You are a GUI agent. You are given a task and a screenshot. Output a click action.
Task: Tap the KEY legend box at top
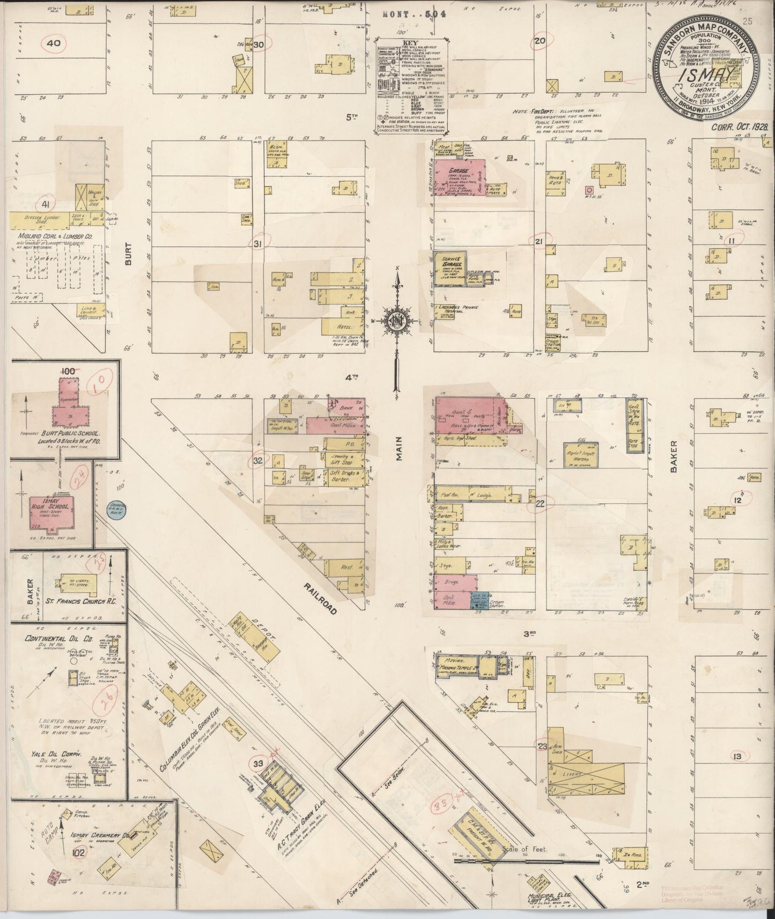point(411,85)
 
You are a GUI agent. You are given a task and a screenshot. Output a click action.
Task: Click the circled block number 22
point(540,503)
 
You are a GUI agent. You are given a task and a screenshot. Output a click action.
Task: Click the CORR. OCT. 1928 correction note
point(741,128)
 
